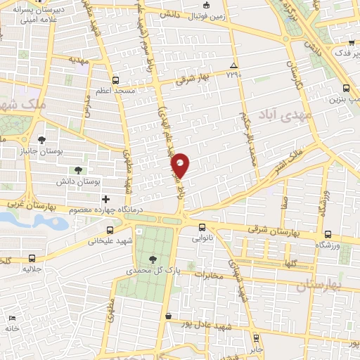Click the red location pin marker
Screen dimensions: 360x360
[181, 165]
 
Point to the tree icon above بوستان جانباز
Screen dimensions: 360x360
[42, 139]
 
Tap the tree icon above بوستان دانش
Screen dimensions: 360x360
[78, 170]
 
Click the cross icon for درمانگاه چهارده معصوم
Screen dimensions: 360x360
[106, 200]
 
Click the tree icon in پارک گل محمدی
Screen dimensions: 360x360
[153, 259]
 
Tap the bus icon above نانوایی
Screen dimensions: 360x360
[202, 227]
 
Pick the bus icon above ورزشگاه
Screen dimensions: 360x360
[328, 233]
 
